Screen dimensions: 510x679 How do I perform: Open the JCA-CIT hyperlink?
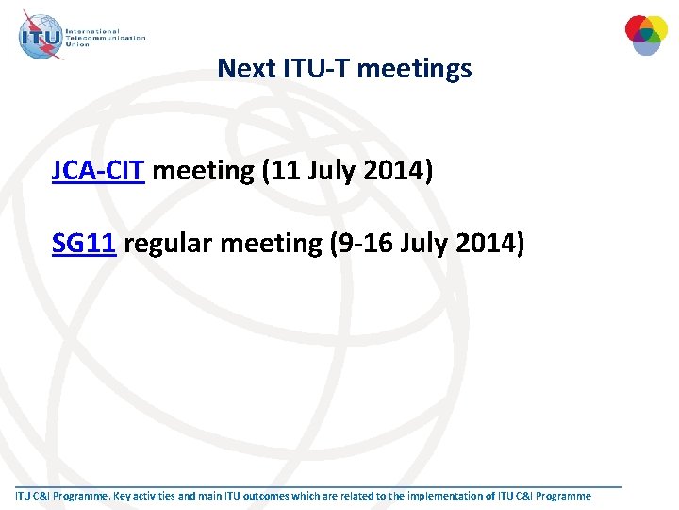pos(98,171)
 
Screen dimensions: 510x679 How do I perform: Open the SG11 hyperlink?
pos(84,243)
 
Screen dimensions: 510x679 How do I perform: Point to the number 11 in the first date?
pos(284,171)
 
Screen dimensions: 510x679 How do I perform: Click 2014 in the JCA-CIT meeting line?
pos(396,171)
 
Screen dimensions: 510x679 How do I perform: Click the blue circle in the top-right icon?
pos(646,43)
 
